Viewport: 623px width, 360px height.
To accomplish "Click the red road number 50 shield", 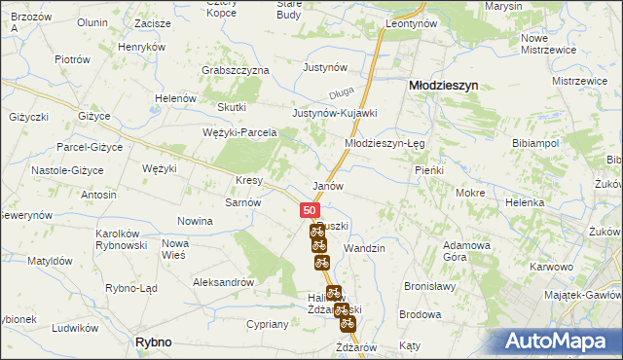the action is click(x=309, y=210).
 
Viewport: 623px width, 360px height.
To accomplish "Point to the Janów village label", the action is click(x=327, y=185).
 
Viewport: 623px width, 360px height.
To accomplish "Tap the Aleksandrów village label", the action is click(x=224, y=281).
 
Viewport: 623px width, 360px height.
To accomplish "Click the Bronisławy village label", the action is click(x=430, y=288).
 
